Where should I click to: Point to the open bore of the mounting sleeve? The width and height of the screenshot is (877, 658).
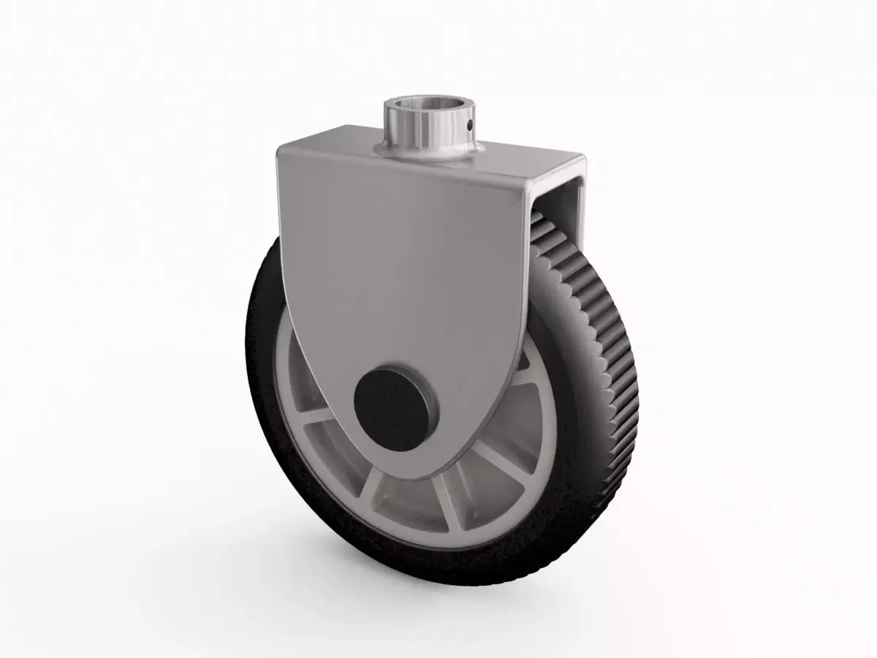428,104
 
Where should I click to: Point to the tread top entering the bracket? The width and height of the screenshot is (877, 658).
544,227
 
